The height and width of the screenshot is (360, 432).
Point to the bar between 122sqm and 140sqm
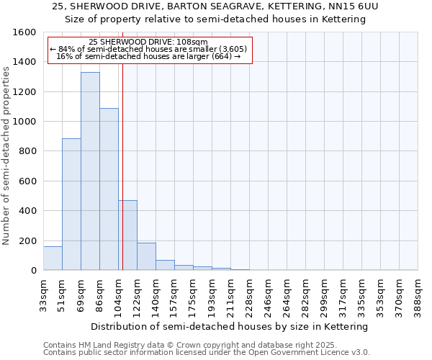(146, 256)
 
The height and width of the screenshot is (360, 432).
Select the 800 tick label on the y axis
(28, 151)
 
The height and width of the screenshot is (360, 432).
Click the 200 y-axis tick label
(28, 240)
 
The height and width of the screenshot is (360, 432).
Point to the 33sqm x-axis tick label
(44, 293)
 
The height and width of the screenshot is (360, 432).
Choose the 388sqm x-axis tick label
(418, 293)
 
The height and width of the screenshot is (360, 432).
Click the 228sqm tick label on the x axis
(249, 293)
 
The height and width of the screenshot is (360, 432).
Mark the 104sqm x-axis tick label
(118, 293)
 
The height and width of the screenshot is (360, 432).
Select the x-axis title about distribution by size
(230, 326)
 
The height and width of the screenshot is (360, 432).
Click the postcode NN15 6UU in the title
(352, 6)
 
